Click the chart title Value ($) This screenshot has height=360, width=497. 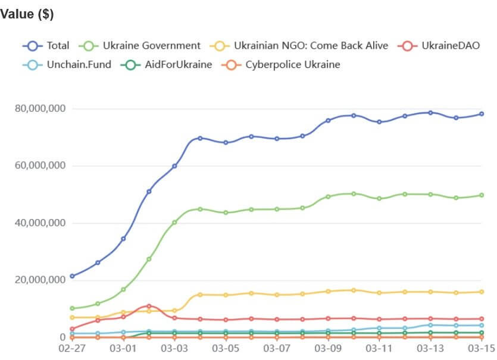coord(27,14)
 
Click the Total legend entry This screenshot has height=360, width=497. coord(46,45)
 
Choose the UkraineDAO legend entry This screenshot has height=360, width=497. coord(440,45)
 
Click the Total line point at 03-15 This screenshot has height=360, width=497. coord(481,114)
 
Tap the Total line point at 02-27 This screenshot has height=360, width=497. coord(72,276)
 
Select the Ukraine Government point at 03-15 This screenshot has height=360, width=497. coord(481,195)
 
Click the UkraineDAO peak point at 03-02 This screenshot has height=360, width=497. coord(149,306)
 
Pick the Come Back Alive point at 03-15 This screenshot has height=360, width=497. coord(481,292)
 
